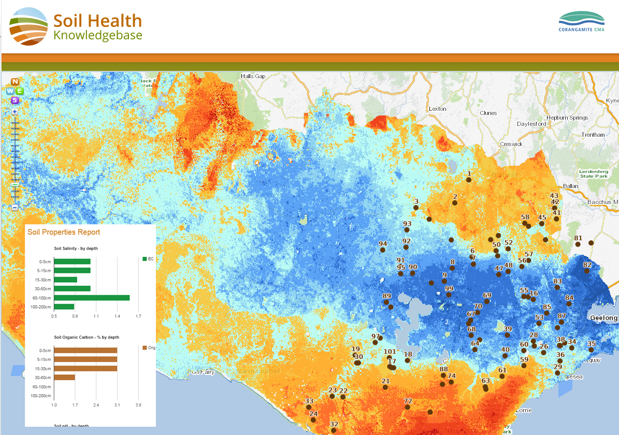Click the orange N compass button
click(x=15, y=82)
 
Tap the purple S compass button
click(x=15, y=100)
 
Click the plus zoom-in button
click(x=15, y=111)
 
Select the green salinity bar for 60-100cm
click(x=92, y=298)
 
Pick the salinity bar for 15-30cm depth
click(x=65, y=280)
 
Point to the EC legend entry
click(x=148, y=259)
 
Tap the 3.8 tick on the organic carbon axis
click(x=138, y=404)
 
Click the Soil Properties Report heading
click(x=64, y=232)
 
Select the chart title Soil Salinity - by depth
click(x=76, y=249)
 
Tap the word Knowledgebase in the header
click(x=97, y=35)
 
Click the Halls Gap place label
click(x=253, y=77)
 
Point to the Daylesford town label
click(x=531, y=124)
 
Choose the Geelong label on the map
click(x=603, y=317)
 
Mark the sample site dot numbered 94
click(x=383, y=250)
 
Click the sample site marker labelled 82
click(x=587, y=271)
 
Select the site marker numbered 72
click(x=408, y=407)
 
